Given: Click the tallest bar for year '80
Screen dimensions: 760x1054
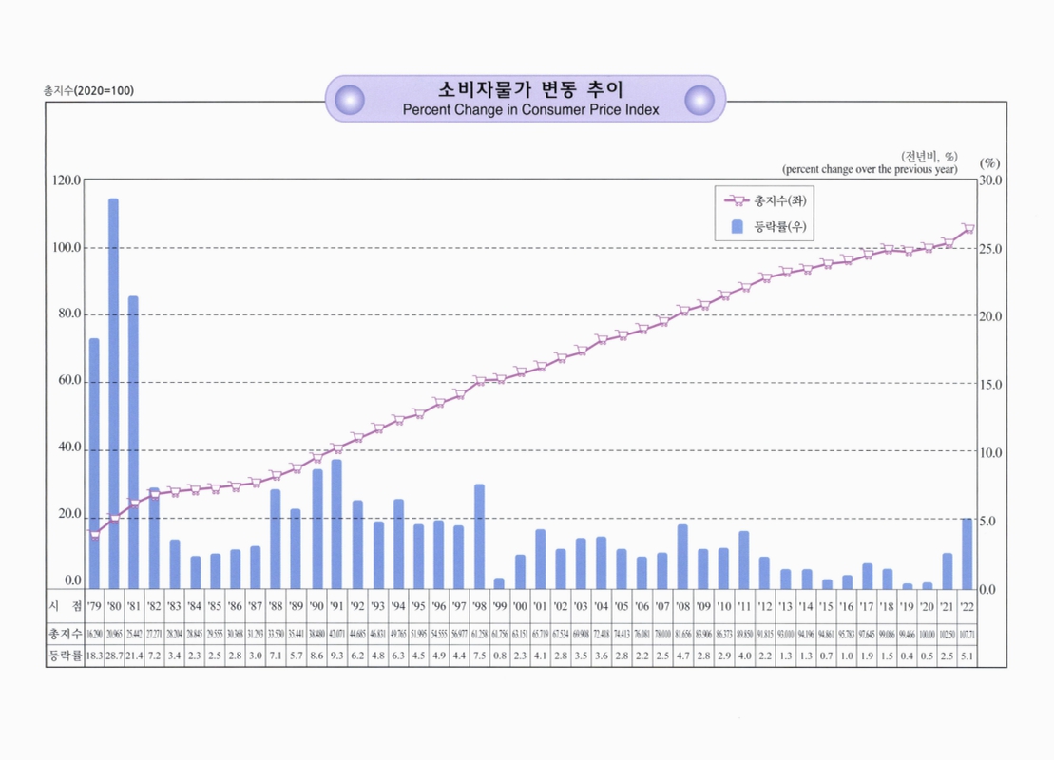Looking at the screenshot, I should (x=113, y=393).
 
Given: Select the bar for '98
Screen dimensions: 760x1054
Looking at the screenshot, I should (x=479, y=536).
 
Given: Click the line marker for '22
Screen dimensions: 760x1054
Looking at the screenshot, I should (x=968, y=228).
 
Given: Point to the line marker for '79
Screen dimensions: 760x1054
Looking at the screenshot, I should (x=94, y=534).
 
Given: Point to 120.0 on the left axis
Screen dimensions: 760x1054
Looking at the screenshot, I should (x=66, y=180).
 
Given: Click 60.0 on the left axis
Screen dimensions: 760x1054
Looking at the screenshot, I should (x=67, y=381).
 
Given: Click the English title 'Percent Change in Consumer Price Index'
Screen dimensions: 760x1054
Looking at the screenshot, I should (x=530, y=109).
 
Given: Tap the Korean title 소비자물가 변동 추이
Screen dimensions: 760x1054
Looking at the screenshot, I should (x=530, y=90).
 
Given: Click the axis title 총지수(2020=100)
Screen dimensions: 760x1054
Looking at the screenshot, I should (x=88, y=90).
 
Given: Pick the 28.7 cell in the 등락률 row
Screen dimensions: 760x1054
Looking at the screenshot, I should (x=114, y=655).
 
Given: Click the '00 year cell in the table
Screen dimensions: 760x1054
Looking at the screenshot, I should (x=520, y=606).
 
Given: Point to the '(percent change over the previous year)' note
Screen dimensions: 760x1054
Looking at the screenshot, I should (x=870, y=169).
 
